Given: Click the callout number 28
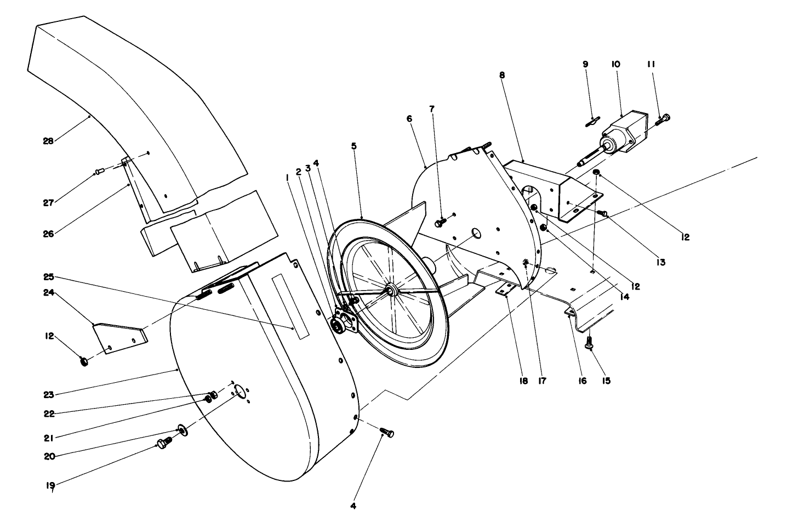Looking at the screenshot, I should coord(48,141).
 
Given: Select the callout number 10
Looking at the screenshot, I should coord(615,64).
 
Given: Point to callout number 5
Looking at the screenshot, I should coord(353,146).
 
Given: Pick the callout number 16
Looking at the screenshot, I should coord(582,381).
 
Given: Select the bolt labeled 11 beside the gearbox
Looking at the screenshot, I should coord(663,118).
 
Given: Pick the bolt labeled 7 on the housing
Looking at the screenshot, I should coord(440,223).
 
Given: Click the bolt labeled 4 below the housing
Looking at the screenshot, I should coord(387,433).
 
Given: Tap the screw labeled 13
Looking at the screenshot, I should coord(602,213).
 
